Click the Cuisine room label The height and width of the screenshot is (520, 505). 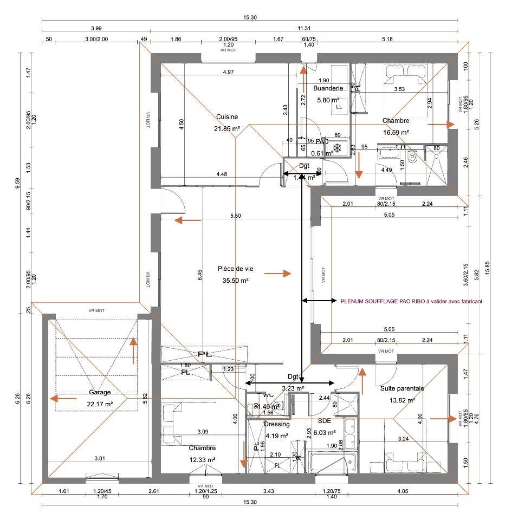click(227, 117)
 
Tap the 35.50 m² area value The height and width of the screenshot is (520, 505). click(235, 281)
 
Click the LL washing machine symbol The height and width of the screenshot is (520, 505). click(339, 107)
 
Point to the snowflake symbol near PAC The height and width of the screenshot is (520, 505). click(337, 148)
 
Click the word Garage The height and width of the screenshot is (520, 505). click(100, 392)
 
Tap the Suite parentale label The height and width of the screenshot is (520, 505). click(402, 388)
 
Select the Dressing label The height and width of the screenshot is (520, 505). click(277, 424)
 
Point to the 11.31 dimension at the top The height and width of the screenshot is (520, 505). click(304, 28)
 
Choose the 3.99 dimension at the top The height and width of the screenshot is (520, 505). click(96, 28)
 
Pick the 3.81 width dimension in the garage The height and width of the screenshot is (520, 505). click(99, 459)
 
